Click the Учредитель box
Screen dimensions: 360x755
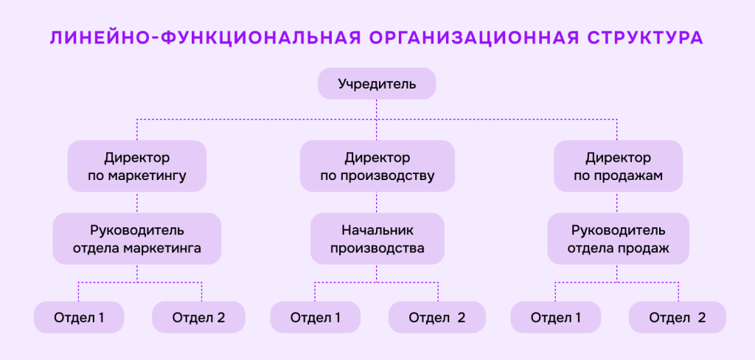377,84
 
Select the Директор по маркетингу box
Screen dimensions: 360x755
137,167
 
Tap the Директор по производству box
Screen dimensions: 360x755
377,167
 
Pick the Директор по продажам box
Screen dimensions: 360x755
618,167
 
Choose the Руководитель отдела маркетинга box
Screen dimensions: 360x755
137,239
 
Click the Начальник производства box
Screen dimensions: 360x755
377,239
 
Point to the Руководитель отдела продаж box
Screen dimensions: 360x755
618,239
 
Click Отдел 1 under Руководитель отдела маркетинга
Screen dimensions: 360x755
79,318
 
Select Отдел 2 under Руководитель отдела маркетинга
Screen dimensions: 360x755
198,318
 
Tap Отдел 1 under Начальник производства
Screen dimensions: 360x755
316,318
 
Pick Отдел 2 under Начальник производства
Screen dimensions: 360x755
437,318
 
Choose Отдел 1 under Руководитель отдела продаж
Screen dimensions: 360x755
556,318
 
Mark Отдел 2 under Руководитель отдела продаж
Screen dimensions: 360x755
678,318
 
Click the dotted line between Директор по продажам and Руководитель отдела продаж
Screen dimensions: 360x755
618,202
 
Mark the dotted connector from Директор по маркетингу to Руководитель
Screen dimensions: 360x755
137,202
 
